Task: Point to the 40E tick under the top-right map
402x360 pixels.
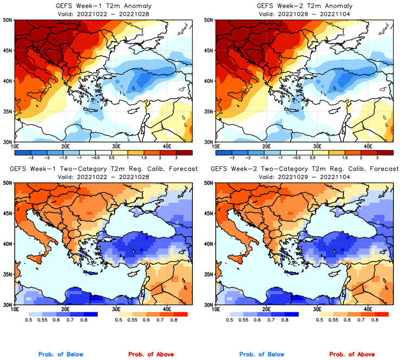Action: (367, 146)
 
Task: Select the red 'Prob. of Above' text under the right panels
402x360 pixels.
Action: (351, 355)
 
